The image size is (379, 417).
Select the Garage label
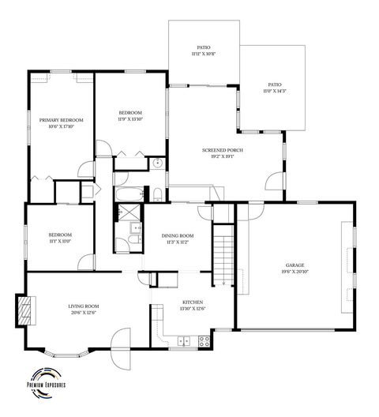(295, 266)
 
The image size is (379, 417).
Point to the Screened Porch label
(221, 152)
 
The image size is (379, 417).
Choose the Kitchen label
(193, 303)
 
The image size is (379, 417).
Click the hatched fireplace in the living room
(27, 310)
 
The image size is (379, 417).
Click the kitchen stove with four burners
(204, 341)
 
